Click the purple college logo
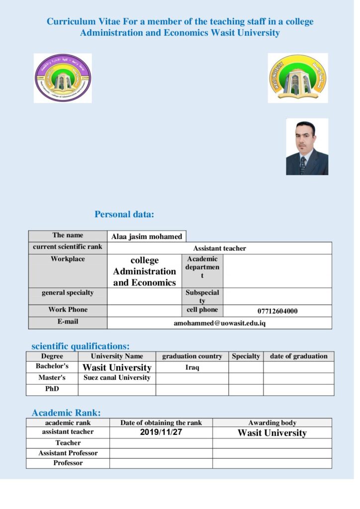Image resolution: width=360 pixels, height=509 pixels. [63, 78]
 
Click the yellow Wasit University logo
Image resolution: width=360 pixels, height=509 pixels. [297, 78]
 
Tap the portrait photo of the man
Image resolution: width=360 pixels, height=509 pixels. [307, 147]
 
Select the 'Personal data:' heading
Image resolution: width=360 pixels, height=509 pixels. [124, 215]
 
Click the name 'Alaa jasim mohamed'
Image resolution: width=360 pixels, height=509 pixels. [147, 237]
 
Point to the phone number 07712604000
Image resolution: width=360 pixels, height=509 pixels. [277, 311]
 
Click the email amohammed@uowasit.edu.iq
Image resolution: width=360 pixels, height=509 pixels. [219, 323]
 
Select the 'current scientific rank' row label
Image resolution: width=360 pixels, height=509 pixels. [68, 247]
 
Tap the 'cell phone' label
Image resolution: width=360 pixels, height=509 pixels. [202, 310]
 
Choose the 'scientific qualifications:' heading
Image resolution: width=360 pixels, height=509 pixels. [81, 346]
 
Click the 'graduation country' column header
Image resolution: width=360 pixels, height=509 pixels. [192, 356]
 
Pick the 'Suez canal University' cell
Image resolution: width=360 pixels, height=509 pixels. [117, 378]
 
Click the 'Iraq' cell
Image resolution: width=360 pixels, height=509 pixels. [192, 367]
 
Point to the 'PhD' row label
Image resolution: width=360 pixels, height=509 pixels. [52, 389]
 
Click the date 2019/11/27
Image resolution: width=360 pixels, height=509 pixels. [161, 432]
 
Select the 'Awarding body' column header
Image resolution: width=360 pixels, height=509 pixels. [272, 423]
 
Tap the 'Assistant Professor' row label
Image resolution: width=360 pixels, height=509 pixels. [68, 453]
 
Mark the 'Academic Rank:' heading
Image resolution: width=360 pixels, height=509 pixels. [66, 413]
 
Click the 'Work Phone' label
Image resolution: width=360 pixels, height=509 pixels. [68, 310]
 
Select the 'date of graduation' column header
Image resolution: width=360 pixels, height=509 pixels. [298, 356]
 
